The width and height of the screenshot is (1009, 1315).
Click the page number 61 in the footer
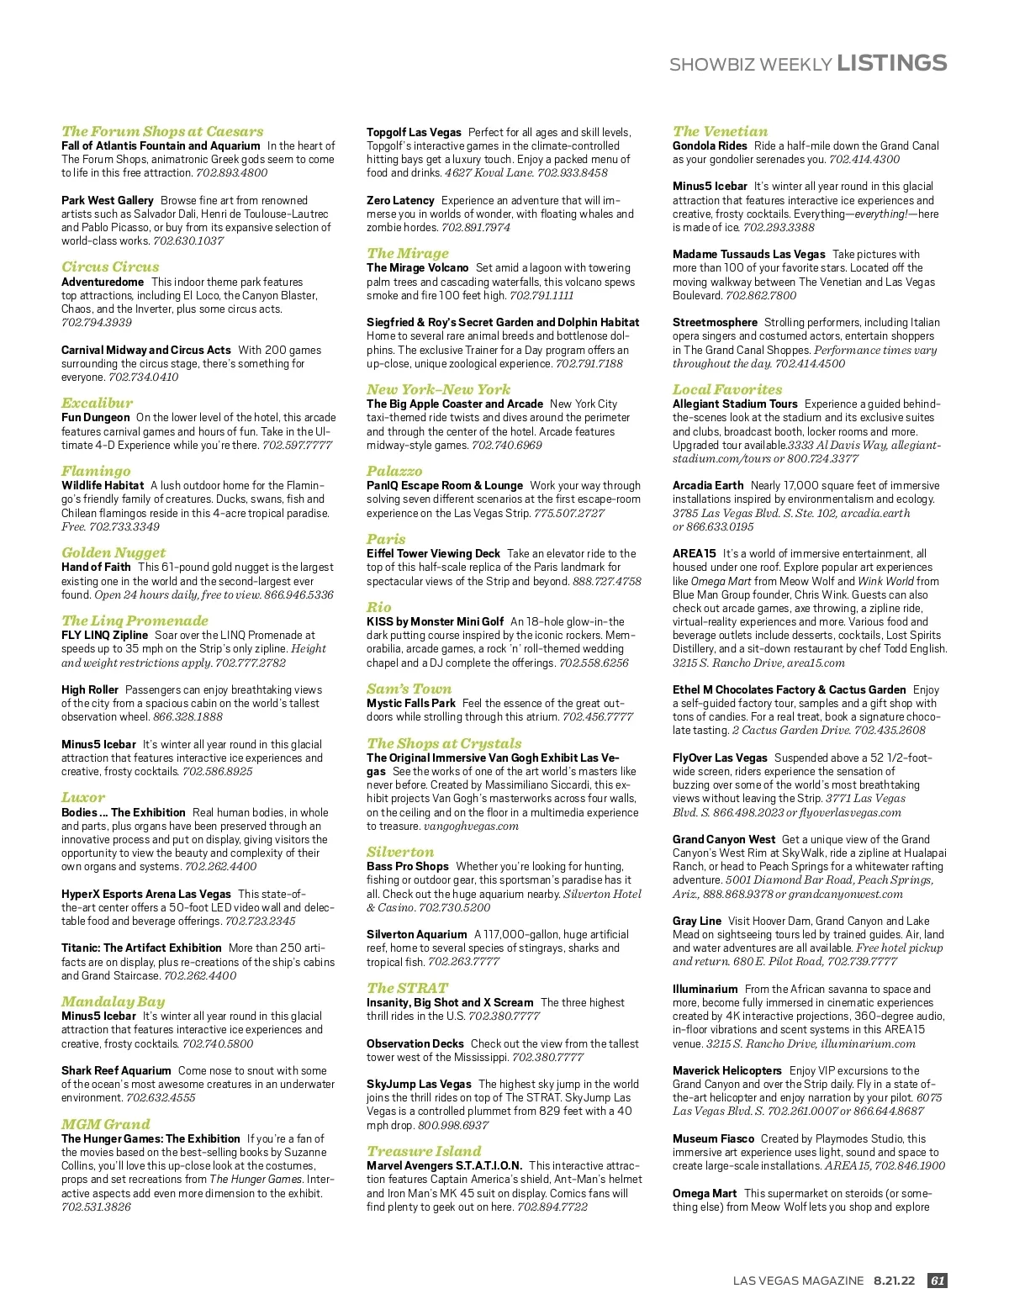point(937,1281)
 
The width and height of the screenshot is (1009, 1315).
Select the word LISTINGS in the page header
point(892,63)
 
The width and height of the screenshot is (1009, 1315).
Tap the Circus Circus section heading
point(110,267)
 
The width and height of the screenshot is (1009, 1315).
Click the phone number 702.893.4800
point(232,173)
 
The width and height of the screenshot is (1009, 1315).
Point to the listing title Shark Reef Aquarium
point(115,1070)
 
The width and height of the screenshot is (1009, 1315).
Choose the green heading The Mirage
point(408,253)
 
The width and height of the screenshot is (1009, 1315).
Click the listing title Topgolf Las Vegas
point(414,132)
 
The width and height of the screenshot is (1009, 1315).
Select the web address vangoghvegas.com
point(472,826)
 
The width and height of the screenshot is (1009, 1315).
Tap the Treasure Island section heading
point(424,1151)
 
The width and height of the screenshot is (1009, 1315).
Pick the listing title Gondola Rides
point(710,145)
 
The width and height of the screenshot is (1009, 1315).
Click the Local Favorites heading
point(727,389)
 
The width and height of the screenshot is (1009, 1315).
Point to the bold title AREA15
point(694,553)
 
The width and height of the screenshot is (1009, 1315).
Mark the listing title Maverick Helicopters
point(726,1070)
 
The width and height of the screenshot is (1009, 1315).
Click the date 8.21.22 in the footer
point(894,1281)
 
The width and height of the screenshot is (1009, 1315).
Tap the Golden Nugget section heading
point(114,552)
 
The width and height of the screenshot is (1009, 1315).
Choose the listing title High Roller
point(90,689)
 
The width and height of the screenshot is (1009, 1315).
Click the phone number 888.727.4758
point(606,581)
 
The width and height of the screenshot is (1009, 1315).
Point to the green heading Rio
point(379,607)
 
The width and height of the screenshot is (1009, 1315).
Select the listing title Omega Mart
point(705,1193)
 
